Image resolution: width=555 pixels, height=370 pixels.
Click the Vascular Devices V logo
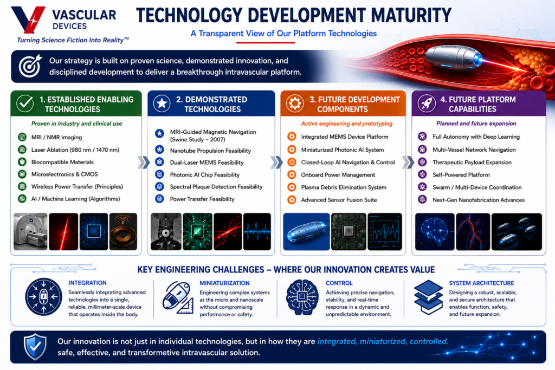click(x=28, y=19)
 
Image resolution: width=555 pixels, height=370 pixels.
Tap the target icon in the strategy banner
click(x=30, y=66)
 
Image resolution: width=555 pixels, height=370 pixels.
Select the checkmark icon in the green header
click(x=25, y=103)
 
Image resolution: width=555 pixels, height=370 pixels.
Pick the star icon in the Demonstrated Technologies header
click(x=162, y=103)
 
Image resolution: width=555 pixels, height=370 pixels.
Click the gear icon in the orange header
click(x=295, y=103)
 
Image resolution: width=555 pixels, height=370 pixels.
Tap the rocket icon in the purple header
click(x=427, y=103)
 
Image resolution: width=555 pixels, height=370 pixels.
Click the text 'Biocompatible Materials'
click(x=62, y=162)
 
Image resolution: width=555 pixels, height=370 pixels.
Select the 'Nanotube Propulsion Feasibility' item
click(x=210, y=151)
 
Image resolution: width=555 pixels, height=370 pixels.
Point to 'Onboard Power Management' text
click(x=338, y=175)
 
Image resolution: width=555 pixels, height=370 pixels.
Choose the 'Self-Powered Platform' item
click(x=461, y=175)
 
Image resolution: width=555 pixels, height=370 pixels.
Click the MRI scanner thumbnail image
click(x=30, y=232)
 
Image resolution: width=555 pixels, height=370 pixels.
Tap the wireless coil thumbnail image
click(x=123, y=232)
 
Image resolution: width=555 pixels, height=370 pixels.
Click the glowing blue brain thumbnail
click(x=435, y=232)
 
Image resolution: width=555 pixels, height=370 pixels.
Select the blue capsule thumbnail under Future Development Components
click(x=307, y=232)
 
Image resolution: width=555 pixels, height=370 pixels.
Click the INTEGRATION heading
click(x=87, y=283)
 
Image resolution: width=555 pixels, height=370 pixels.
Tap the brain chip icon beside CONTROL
click(x=302, y=297)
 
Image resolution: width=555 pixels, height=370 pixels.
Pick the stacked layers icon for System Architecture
click(x=428, y=297)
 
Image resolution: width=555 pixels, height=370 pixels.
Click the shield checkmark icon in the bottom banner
click(x=35, y=347)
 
